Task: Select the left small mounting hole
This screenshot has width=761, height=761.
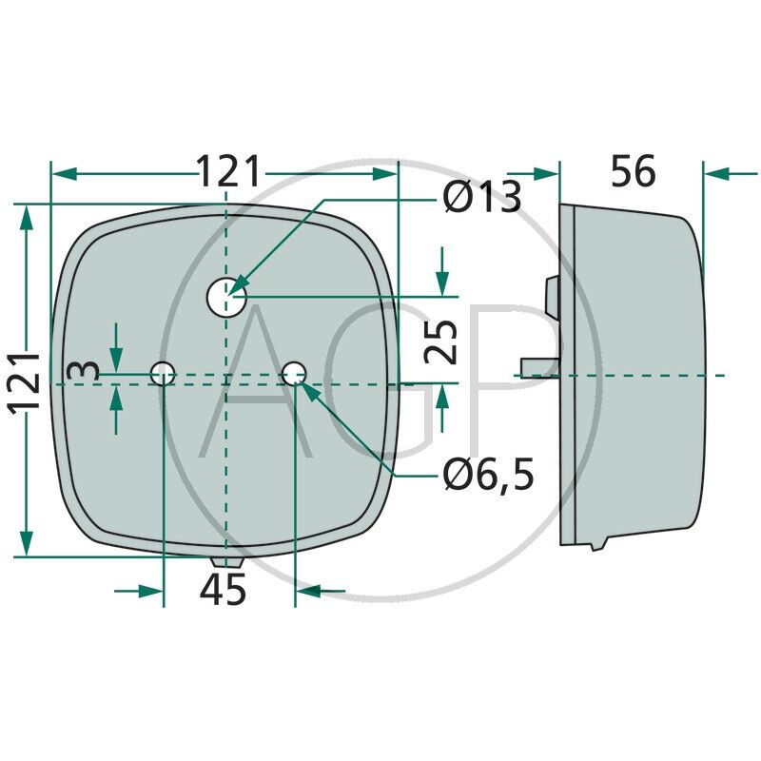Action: click(165, 373)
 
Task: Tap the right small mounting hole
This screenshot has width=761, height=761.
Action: click(295, 373)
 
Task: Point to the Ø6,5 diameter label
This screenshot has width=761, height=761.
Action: click(488, 473)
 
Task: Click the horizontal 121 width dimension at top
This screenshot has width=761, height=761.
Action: click(228, 173)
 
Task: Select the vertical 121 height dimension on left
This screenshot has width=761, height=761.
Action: click(25, 380)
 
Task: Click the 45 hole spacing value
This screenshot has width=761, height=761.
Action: click(224, 591)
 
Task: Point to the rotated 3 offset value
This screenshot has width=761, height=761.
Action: click(88, 370)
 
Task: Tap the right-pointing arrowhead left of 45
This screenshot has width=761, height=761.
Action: click(152, 591)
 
